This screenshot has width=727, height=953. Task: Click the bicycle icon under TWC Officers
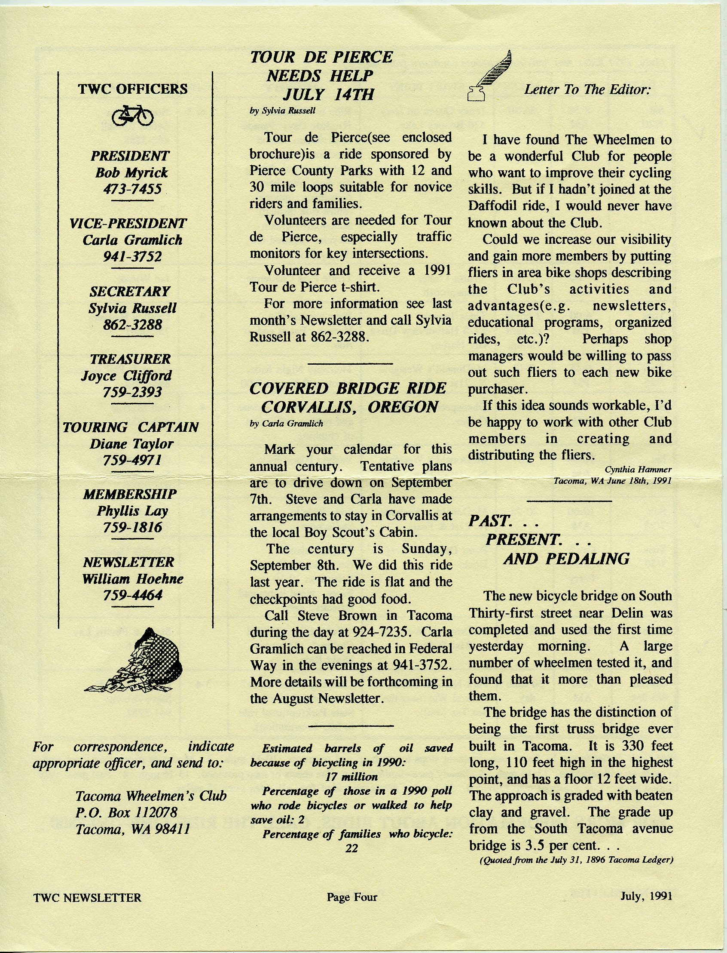click(132, 115)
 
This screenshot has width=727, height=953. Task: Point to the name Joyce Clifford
click(126, 375)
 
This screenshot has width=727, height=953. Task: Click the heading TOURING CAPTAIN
click(131, 427)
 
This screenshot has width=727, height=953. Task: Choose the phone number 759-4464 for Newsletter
click(132, 596)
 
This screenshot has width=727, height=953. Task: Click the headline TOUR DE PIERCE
click(321, 57)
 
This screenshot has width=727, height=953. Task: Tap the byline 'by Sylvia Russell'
click(283, 111)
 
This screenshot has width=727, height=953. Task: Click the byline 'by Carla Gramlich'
click(287, 424)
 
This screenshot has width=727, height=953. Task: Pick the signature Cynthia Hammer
click(638, 469)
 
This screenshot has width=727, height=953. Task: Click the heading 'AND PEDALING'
click(566, 559)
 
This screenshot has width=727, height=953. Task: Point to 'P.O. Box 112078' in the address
click(126, 813)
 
